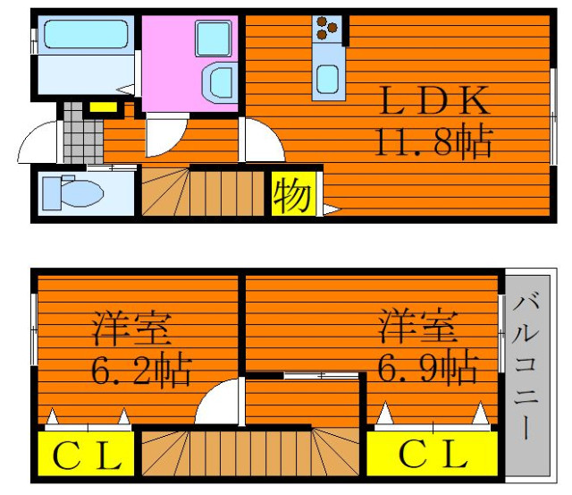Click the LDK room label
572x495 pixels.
434,100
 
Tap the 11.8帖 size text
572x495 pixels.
434,141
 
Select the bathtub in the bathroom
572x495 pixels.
86,34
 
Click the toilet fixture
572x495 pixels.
72,192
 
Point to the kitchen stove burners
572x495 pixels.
327,28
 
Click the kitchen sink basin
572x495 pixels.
327,79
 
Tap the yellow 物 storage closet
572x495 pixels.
293,194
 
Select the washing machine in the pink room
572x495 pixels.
214,38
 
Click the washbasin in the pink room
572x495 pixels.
219,82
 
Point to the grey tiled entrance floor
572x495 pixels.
83,132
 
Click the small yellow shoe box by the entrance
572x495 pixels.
104,107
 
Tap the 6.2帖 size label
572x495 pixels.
141,370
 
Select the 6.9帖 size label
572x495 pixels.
427,366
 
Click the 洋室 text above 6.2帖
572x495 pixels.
131,329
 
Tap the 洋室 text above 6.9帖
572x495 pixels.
418,326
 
